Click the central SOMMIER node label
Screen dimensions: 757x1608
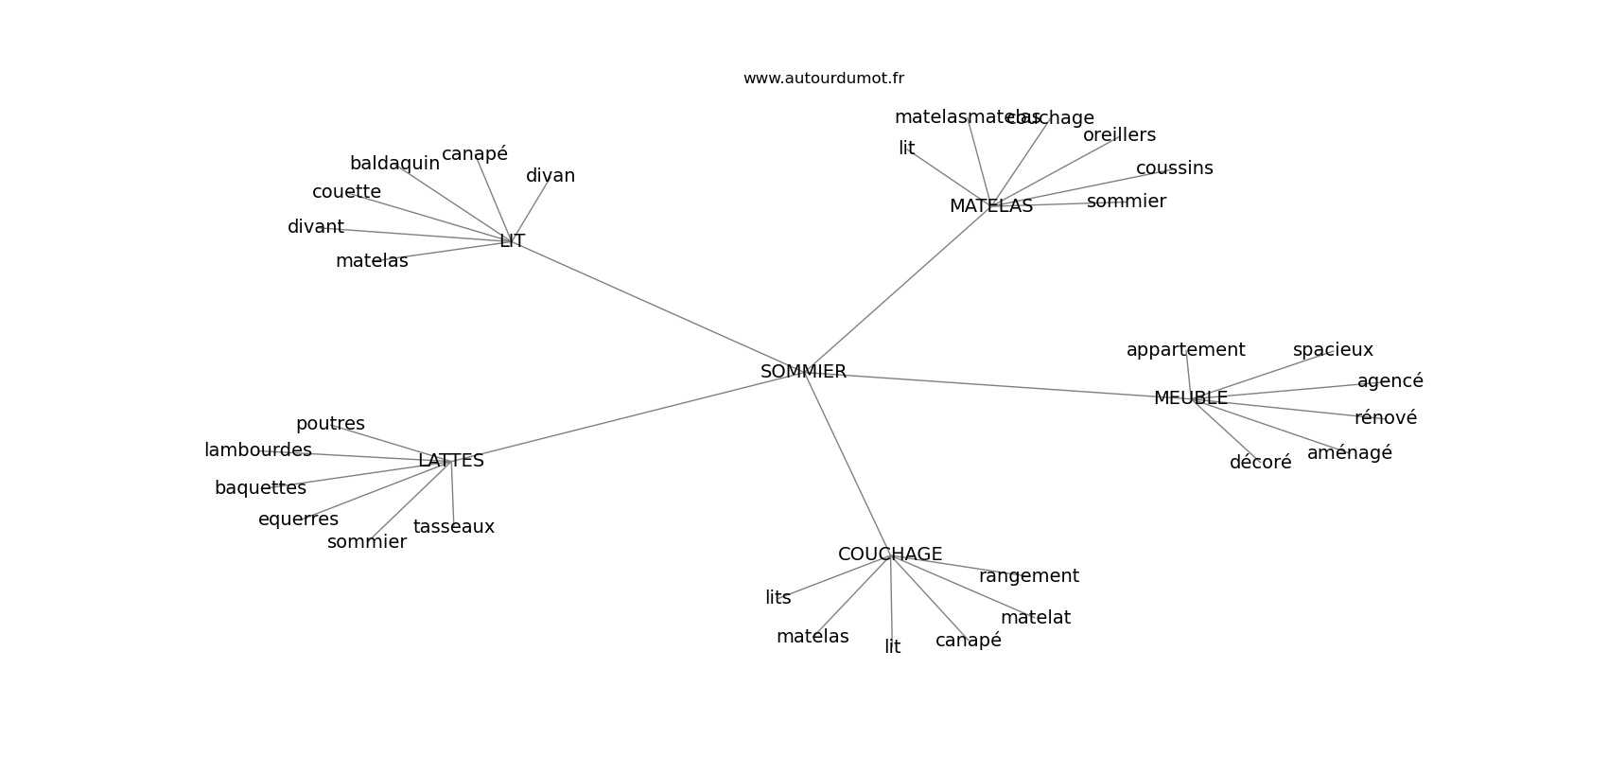pyautogui.click(x=803, y=372)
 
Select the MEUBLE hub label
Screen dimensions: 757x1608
pyautogui.click(x=1190, y=398)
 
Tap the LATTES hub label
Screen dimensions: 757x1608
pyautogui.click(x=450, y=461)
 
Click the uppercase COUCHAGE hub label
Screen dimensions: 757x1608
pyautogui.click(x=889, y=555)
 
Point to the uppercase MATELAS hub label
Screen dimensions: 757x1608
pyautogui.click(x=990, y=206)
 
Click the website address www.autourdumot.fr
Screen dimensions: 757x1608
pyautogui.click(x=823, y=79)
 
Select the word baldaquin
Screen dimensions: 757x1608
pyautogui.click(x=394, y=164)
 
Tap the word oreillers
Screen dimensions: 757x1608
pyautogui.click(x=1119, y=135)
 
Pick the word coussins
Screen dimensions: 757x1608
pyautogui.click(x=1174, y=168)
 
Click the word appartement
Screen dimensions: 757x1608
pyautogui.click(x=1185, y=350)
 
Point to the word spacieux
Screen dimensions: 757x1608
pyautogui.click(x=1332, y=350)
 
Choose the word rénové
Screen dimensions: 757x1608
pyautogui.click(x=1385, y=418)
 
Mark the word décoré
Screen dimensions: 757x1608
pyautogui.click(x=1260, y=463)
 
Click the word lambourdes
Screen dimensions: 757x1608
pyautogui.click(x=257, y=450)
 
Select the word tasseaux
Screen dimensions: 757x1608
pyautogui.click(x=453, y=527)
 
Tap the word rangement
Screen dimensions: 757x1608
pyautogui.click(x=1028, y=576)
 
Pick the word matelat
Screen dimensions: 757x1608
pyautogui.click(x=1035, y=618)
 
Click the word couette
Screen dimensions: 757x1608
pyautogui.click(x=346, y=192)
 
